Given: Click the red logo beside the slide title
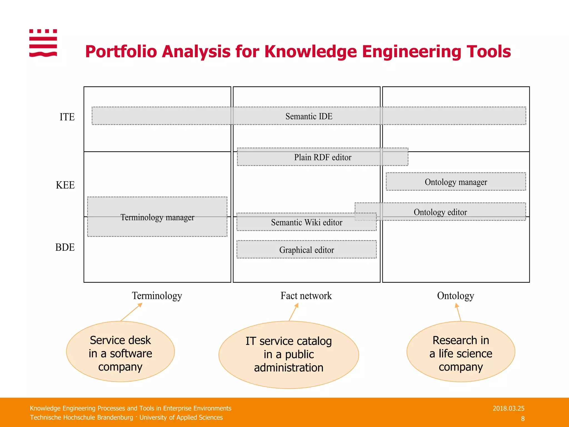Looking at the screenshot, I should (x=43, y=43).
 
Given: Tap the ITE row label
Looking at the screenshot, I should (x=67, y=117).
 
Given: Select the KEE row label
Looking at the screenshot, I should (x=65, y=185).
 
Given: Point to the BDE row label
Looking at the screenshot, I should (x=65, y=247).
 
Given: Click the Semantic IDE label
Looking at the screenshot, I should (x=309, y=116).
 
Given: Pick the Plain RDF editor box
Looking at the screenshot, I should (x=323, y=157).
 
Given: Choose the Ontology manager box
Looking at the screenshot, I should (x=456, y=182).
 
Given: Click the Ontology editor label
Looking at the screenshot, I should (x=440, y=212).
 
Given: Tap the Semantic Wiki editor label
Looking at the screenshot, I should (x=306, y=222).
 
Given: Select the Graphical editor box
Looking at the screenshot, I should (x=306, y=250).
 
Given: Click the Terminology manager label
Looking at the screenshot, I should (x=157, y=217).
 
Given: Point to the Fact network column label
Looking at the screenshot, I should (x=306, y=296).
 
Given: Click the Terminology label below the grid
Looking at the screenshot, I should (x=157, y=296).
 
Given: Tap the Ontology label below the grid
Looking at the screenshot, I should (x=455, y=296).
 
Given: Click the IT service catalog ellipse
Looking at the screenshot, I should (x=289, y=354).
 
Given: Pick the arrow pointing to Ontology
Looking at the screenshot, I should (x=458, y=312).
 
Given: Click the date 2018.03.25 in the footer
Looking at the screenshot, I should (x=508, y=408).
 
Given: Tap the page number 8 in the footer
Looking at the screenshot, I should (x=523, y=419).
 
